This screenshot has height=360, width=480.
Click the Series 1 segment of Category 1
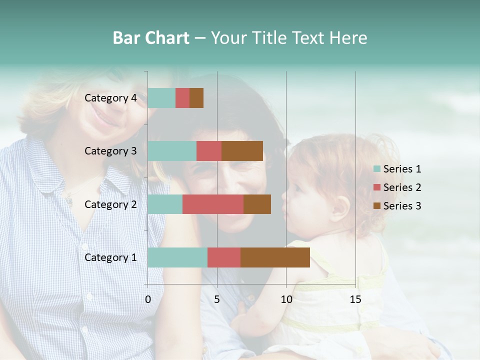tap(177, 257)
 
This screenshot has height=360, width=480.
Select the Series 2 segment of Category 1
tap(224, 257)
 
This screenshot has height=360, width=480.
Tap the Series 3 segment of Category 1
tap(275, 257)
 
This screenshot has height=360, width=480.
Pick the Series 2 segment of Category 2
tap(213, 204)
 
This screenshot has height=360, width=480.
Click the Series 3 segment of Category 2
tap(257, 204)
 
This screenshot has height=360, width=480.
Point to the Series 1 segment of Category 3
tap(172, 151)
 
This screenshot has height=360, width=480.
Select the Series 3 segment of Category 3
tap(242, 151)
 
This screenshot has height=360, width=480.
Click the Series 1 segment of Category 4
tap(161, 98)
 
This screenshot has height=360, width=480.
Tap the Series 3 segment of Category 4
tap(196, 98)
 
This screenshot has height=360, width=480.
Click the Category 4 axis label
tap(110, 98)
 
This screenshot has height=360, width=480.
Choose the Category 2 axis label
tap(110, 204)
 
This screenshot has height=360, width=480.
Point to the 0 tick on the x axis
tap(148, 299)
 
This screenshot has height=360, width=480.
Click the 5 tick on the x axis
tap(217, 299)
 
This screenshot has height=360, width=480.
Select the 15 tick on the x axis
tap(355, 299)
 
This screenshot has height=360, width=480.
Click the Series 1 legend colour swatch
tap(377, 169)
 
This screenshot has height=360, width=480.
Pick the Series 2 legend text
tap(402, 187)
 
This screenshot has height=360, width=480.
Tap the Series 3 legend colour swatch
tap(377, 206)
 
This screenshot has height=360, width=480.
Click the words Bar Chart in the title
tap(151, 38)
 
